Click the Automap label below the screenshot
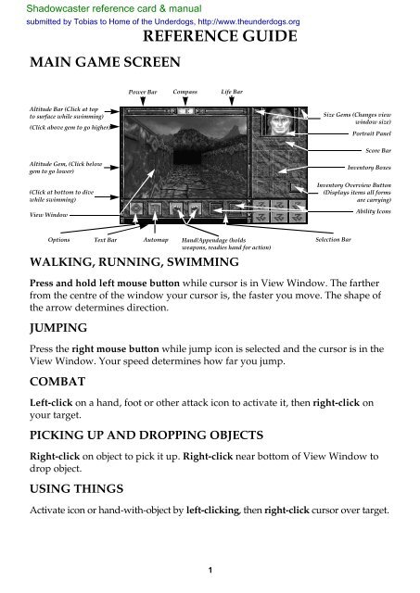coord(155,239)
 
